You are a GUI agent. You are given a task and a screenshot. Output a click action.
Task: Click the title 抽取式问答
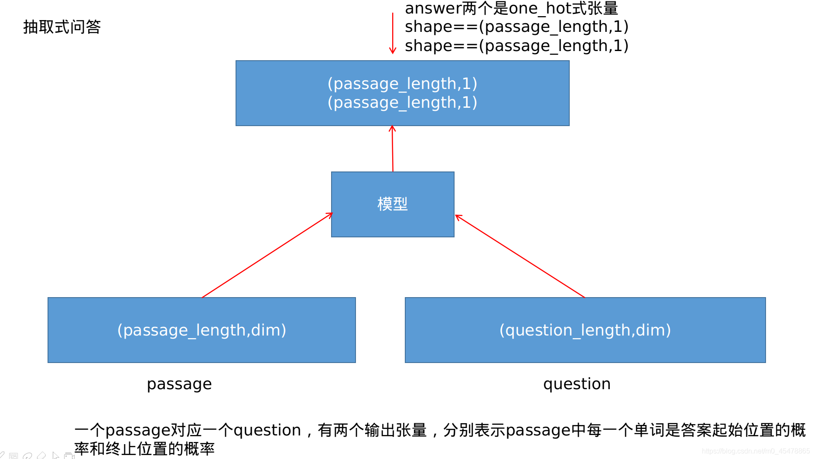click(x=62, y=27)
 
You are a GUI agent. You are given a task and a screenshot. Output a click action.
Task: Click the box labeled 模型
click(x=393, y=204)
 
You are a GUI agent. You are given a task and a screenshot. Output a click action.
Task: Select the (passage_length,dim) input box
click(x=202, y=330)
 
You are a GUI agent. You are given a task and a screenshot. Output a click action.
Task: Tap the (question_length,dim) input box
click(x=585, y=330)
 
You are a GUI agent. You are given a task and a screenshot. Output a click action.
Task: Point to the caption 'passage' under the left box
click(x=179, y=384)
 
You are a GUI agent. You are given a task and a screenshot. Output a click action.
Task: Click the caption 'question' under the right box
click(x=577, y=384)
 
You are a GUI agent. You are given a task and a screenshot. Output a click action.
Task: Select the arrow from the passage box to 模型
click(x=267, y=256)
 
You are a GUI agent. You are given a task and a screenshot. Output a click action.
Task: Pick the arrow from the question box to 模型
click(x=519, y=256)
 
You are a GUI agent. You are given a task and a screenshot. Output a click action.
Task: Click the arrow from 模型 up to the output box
click(x=393, y=149)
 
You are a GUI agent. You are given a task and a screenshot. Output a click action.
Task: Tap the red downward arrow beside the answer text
click(x=393, y=33)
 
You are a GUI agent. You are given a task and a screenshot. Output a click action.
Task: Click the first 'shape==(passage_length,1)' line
click(x=516, y=27)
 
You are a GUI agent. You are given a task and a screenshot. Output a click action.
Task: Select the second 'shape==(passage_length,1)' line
click(x=516, y=46)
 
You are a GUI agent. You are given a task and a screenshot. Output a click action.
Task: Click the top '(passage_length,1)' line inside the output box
click(x=402, y=83)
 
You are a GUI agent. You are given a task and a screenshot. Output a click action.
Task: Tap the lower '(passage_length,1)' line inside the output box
click(x=402, y=103)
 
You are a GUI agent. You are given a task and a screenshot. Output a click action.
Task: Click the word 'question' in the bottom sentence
click(x=267, y=430)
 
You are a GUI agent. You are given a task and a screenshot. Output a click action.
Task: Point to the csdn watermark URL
click(x=756, y=451)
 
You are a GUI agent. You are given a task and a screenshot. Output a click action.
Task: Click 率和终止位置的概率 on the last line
click(x=144, y=449)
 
